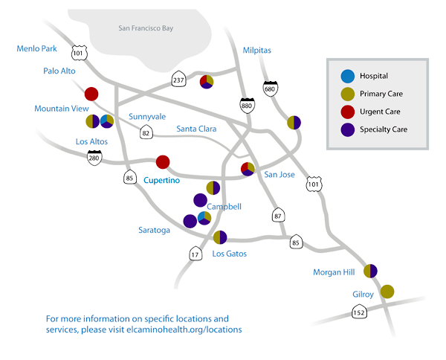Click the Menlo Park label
coord(37,49)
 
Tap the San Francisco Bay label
coord(155,28)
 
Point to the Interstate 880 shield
coord(247,107)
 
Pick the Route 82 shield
coord(147,132)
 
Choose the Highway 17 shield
coord(195,254)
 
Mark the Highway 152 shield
coord(361,314)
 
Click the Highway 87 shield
coord(277,216)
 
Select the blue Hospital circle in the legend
coord(346,76)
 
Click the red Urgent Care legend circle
coord(346,112)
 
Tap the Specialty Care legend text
coord(384,129)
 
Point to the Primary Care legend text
coord(381,94)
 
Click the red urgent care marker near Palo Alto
coord(91,94)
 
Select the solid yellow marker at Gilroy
coord(387,292)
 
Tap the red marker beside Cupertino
coord(163,161)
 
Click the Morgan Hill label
coord(334,273)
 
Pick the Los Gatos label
coord(229,254)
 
